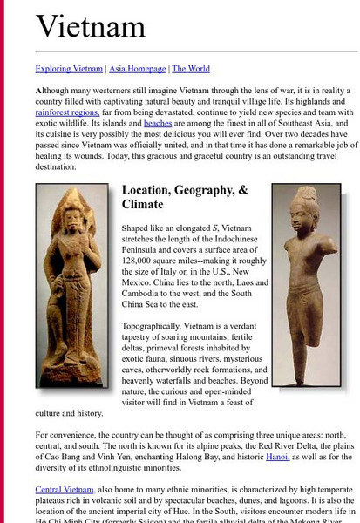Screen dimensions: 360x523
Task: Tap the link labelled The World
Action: (190, 69)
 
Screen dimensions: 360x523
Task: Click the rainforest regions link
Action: (66, 112)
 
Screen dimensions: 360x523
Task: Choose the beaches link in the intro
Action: (158, 125)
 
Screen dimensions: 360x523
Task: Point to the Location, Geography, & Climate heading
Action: (185, 197)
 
